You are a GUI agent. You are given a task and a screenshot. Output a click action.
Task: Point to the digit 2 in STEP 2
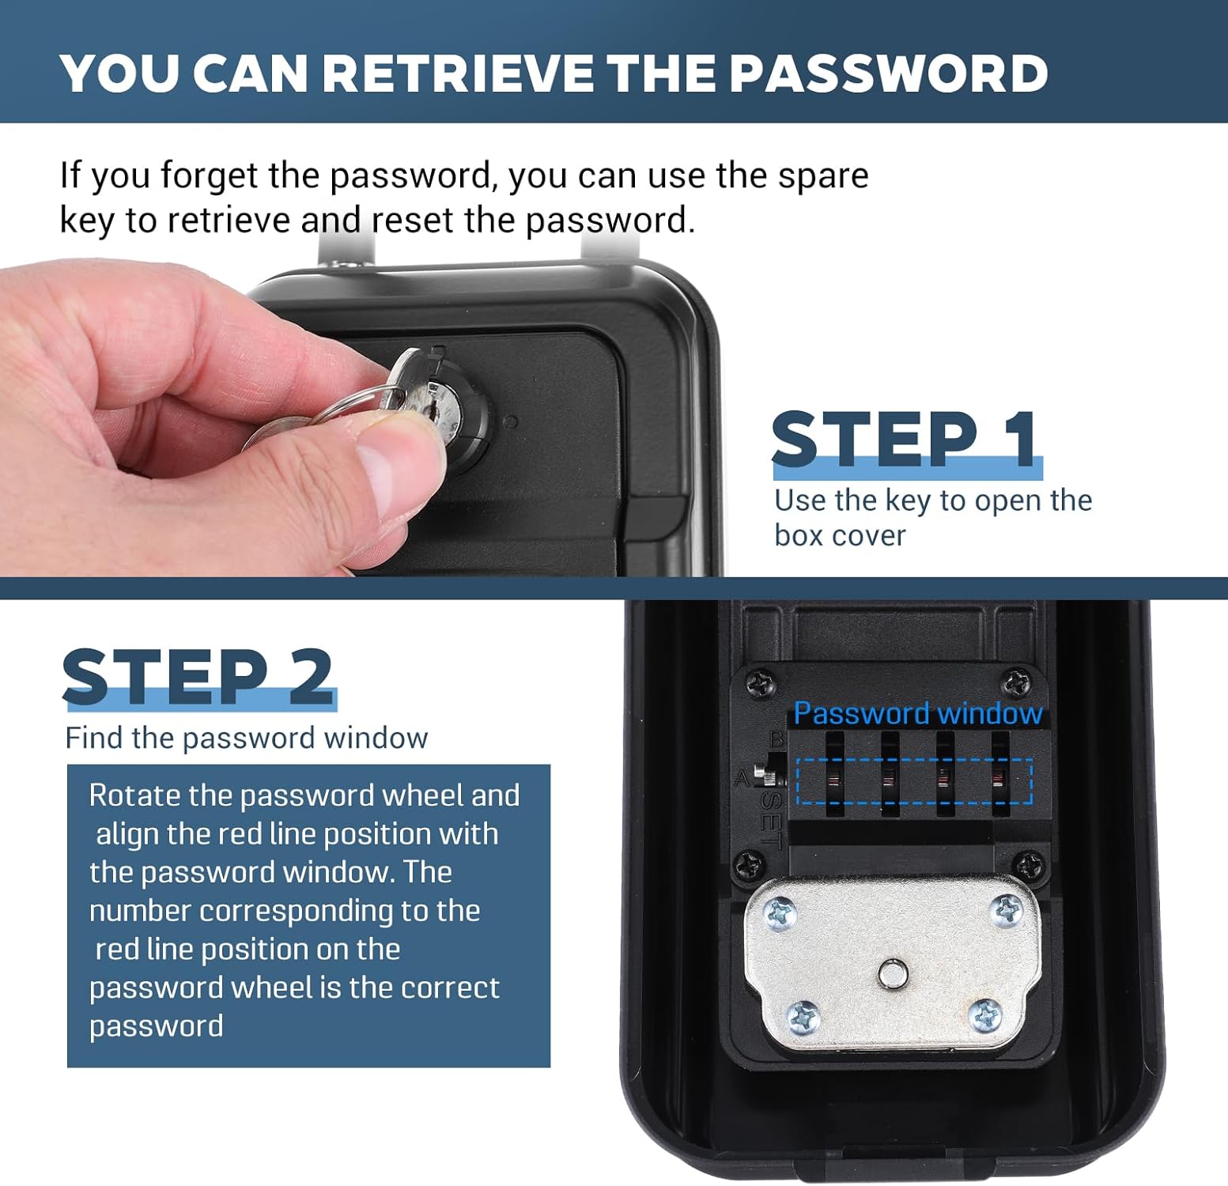click(311, 676)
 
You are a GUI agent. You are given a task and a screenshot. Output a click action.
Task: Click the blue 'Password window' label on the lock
click(918, 713)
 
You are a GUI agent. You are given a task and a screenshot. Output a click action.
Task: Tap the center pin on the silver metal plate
click(893, 973)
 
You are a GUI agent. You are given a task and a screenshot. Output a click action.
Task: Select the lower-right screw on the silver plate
click(985, 1015)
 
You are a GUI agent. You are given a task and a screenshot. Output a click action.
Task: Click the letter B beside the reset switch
click(776, 740)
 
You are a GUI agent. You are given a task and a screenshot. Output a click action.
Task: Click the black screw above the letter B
click(761, 682)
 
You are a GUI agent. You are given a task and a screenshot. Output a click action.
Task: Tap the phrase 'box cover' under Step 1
click(840, 536)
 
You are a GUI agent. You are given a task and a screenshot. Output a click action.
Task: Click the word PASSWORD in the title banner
click(888, 73)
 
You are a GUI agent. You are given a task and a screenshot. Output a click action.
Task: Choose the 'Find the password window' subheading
click(247, 738)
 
